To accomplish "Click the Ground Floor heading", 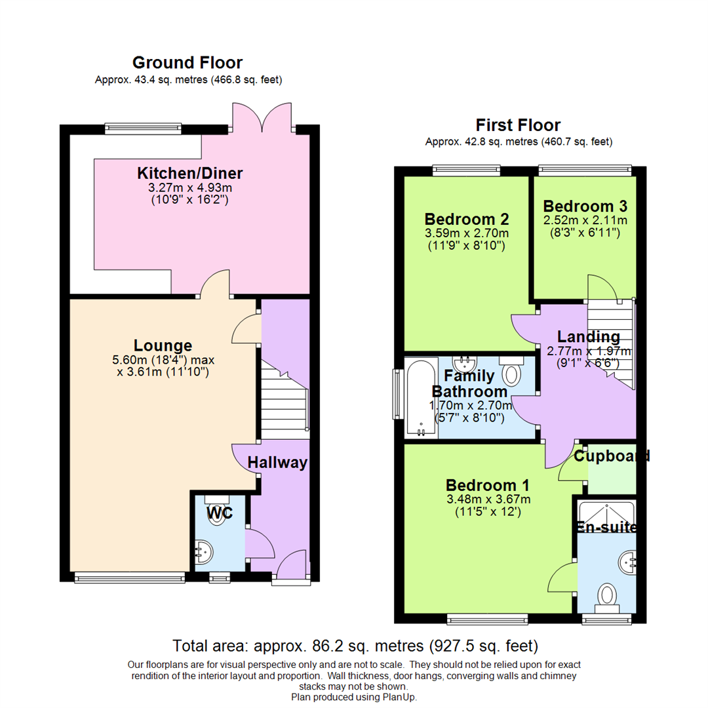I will coord(187,63).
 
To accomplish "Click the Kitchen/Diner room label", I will coord(189,174).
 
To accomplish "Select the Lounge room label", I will coord(163,345).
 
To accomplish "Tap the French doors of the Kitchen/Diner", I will coord(262,118).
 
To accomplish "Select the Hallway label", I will coord(277,463).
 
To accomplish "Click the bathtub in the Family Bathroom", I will coord(420,397).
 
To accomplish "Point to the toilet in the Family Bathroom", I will coord(511,372).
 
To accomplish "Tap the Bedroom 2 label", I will coord(467,219).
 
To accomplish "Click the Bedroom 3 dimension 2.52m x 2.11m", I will coord(585,220).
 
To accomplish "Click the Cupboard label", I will coord(612,456).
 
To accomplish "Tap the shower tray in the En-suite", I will coord(606,517).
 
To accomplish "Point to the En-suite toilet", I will coord(608,597).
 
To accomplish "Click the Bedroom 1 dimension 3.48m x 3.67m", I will coord(488,499).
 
